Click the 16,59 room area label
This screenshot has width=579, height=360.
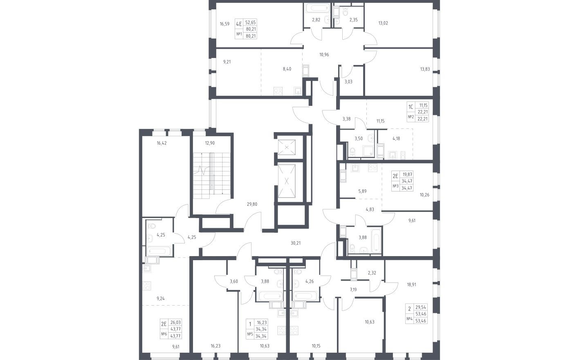pyautogui.click(x=224, y=24)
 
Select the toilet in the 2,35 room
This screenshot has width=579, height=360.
pyautogui.click(x=346, y=11)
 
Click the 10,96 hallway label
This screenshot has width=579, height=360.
pyautogui.click(x=324, y=54)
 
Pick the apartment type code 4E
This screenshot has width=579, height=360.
pyautogui.click(x=238, y=24)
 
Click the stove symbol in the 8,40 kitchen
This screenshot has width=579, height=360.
pyautogui.click(x=278, y=91)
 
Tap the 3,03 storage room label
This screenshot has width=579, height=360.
pyautogui.click(x=348, y=82)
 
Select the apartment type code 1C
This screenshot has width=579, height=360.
pyautogui.click(x=411, y=107)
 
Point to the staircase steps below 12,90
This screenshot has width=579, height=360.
pyautogui.click(x=212, y=175)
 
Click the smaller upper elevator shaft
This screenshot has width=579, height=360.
pyautogui.click(x=287, y=147)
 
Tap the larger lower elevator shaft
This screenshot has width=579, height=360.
pyautogui.click(x=287, y=181)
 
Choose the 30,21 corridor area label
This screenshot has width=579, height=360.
pyautogui.click(x=296, y=243)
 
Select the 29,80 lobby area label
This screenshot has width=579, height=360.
pyautogui.click(x=252, y=204)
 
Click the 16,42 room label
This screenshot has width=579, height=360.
pyautogui.click(x=162, y=143)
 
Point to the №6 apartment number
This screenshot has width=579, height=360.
pyautogui.click(x=164, y=334)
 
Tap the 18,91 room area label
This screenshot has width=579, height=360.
pyautogui.click(x=411, y=285)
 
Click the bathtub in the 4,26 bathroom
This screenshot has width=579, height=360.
pyautogui.click(x=305, y=296)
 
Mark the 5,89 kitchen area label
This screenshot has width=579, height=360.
pyautogui.click(x=362, y=191)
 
